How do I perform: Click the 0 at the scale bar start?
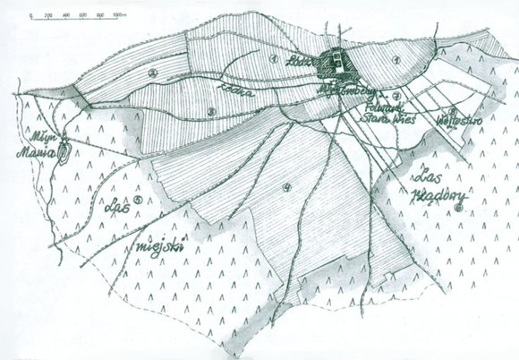coord(30,15)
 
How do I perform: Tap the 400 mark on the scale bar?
coord(66,15)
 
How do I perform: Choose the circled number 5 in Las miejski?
coord(138,200)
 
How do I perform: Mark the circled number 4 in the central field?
coord(286,186)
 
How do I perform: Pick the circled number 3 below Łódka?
coord(212,111)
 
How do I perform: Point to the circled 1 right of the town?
coord(395,59)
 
